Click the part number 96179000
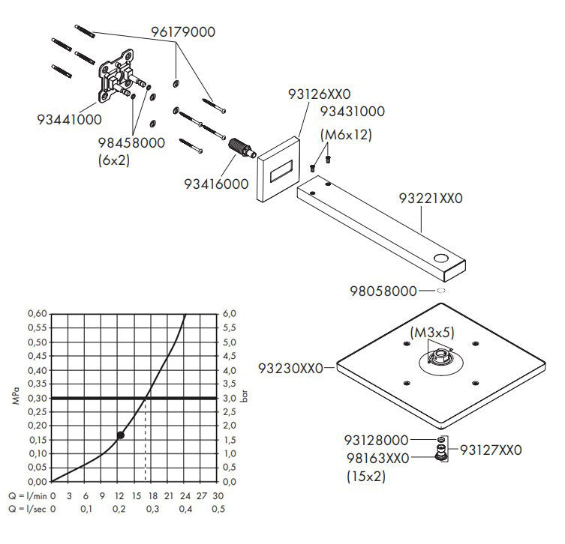pos(182,32)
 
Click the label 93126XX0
pos(318,94)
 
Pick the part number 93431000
pos(352,112)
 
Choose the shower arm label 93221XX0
pos(430,199)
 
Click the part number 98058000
pos(385,289)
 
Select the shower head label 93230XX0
pos(290,368)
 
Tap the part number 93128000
pos(377,441)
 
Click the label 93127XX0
pos(490,450)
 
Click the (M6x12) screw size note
pos(346,135)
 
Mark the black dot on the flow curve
pos(121,435)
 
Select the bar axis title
pos(245,397)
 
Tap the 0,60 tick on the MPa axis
pos(37,313)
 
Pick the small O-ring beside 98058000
pos(440,290)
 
